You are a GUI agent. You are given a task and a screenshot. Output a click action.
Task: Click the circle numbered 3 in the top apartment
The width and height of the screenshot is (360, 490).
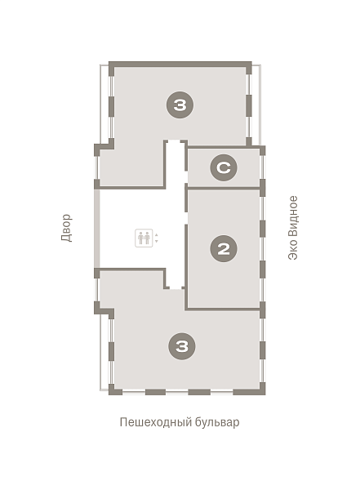tap(180, 105)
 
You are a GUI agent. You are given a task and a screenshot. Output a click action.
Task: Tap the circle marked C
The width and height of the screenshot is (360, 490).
tap(224, 167)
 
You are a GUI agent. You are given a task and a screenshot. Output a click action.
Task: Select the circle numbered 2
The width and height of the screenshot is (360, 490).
tap(224, 249)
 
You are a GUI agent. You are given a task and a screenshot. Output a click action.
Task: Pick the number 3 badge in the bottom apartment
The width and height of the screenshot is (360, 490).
tap(182, 346)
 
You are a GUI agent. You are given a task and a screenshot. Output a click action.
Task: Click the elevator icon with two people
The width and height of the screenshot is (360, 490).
tap(144, 238)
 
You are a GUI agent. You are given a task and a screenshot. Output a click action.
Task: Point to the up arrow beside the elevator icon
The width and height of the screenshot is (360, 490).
tap(157, 234)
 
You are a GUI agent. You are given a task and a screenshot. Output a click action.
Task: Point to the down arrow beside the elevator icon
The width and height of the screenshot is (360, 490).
tap(157, 241)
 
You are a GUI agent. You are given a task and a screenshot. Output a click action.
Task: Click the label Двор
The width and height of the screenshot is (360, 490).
tap(66, 228)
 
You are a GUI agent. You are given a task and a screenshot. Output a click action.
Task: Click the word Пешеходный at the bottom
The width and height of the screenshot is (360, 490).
tap(155, 422)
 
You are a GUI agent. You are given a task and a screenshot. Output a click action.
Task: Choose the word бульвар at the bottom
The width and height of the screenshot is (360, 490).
tap(217, 422)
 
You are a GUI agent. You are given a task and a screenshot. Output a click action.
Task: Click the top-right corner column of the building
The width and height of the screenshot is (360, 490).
tap(249, 68)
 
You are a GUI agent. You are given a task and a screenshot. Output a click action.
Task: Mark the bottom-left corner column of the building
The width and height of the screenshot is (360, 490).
tap(112, 390)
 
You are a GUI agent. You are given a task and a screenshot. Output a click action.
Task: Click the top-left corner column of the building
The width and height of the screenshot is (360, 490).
tap(112, 69)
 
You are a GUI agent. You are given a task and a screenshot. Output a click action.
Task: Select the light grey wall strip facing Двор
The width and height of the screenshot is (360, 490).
tap(97, 229)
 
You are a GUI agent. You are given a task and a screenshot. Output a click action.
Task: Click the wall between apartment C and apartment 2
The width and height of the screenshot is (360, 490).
tap(224, 188)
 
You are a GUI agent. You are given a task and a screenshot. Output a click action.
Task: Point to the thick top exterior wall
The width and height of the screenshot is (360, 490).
tap(180, 64)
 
